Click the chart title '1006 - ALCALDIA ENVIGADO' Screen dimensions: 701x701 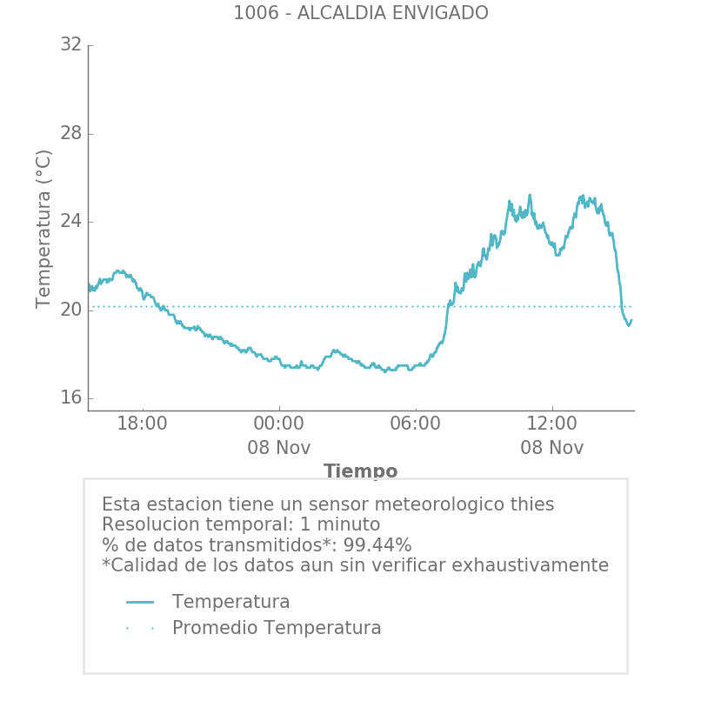360,14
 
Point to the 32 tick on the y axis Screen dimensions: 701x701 70,45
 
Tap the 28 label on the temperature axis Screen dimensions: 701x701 70,134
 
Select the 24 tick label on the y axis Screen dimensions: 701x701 70,222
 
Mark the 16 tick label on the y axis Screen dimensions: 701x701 70,398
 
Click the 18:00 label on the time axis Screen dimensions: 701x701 142,424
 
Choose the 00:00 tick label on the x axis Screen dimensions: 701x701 278,424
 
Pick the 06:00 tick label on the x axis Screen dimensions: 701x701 415,424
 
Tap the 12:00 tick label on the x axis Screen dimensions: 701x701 551,424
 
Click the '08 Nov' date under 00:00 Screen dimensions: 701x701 278,449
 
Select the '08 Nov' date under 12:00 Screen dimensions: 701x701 551,449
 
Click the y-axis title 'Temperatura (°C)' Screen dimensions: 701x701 44,229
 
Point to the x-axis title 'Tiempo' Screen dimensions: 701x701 360,471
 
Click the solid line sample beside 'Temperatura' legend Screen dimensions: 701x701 140,603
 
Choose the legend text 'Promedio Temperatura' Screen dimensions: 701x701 277,629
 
